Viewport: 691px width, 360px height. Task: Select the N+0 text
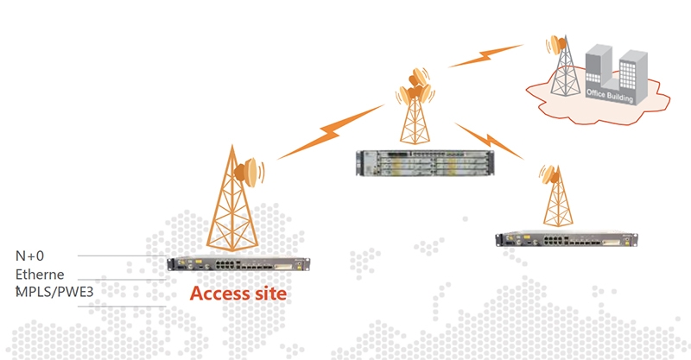31,256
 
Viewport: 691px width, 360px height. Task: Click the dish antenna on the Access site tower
252,171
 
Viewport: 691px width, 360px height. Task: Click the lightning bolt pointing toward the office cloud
480,57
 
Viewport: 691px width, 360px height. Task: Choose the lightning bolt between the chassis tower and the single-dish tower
489,140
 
